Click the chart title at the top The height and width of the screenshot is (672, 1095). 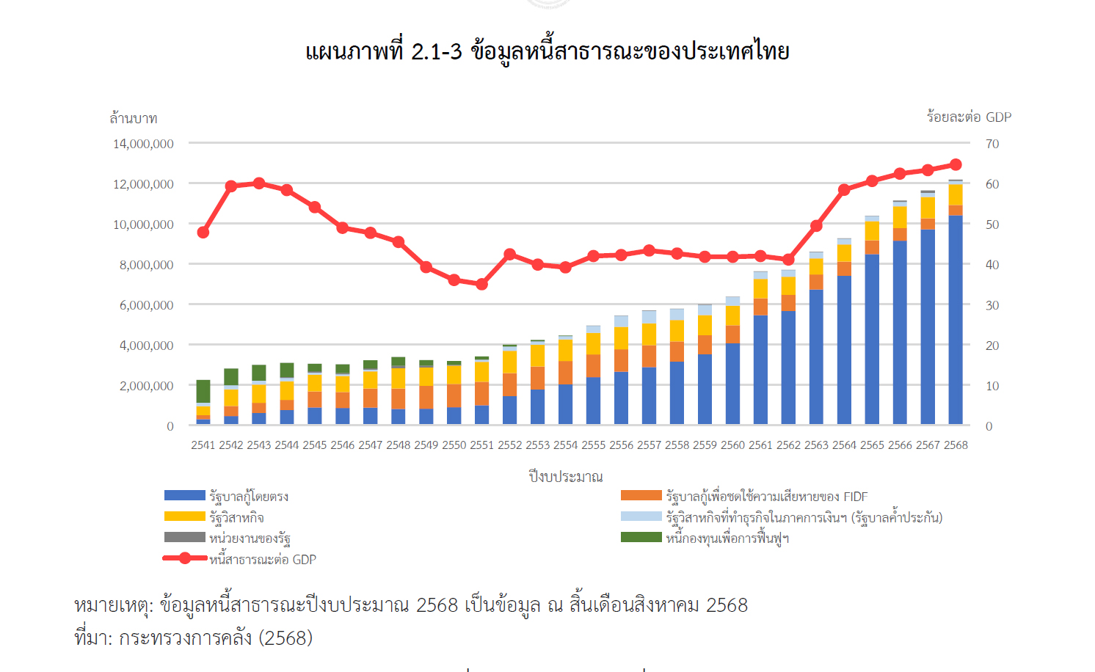coord(547,52)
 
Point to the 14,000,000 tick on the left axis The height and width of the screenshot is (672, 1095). coord(143,144)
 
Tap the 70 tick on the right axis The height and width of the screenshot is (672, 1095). coord(992,144)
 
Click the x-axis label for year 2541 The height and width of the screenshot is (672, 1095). coord(203,445)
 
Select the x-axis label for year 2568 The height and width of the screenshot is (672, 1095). coord(956,445)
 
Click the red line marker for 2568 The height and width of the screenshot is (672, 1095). coord(956,165)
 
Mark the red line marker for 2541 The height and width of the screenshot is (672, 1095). coord(203,233)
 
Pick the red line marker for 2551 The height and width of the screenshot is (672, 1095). coord(481,284)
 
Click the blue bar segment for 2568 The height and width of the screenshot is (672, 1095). coord(956,319)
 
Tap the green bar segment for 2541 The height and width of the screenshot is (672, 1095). coord(203,391)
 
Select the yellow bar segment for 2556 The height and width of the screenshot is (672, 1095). coord(621,338)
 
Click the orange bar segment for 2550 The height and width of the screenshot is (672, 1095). coord(454,395)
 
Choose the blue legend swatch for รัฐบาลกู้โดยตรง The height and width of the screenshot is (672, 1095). coord(184,496)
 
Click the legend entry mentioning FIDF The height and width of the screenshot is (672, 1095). coord(766,497)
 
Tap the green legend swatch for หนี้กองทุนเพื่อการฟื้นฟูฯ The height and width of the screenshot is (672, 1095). coord(641,538)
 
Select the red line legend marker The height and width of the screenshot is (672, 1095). coord(184,558)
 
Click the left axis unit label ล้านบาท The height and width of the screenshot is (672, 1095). coord(133,118)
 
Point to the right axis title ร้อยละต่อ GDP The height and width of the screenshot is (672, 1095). coord(969,117)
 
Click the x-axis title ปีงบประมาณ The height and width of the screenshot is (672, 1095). coord(565,477)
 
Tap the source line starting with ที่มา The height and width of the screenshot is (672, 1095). coord(194,638)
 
